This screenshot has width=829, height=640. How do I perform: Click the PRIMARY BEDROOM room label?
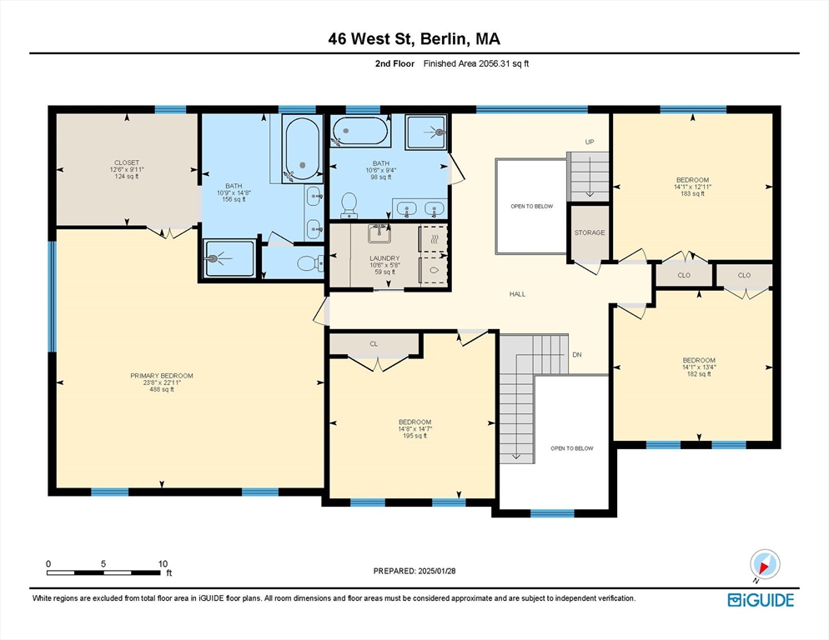[162, 376]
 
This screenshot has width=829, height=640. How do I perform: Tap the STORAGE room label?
[590, 232]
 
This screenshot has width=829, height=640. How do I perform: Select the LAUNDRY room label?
[384, 258]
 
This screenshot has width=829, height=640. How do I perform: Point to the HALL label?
[517, 294]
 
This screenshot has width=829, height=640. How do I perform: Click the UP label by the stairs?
[590, 142]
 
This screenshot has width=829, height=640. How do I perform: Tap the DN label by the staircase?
[577, 355]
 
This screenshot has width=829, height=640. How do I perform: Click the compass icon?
[765, 565]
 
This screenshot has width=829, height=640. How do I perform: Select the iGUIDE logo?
[761, 600]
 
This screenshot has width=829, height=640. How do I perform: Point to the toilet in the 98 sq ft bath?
[349, 205]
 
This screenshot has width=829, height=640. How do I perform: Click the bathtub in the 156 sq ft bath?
[303, 148]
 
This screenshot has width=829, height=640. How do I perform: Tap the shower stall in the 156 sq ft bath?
[230, 258]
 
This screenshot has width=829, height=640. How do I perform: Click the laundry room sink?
[379, 233]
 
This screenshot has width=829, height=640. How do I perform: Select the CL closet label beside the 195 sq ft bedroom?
[374, 343]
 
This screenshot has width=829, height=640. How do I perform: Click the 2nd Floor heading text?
[394, 63]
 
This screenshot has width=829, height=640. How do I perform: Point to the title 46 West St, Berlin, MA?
[414, 38]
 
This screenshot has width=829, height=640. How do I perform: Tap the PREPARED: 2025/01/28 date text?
[414, 571]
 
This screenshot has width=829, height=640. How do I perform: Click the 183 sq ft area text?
[692, 193]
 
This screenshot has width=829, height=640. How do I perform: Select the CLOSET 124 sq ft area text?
[127, 177]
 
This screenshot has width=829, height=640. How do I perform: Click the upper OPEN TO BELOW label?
[531, 206]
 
